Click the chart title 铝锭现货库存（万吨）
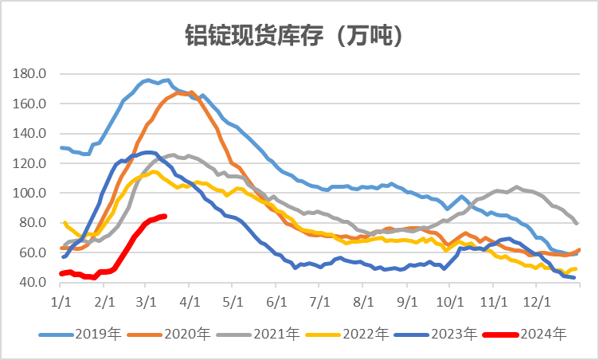[x=299, y=34]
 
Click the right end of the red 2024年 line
[x=164, y=216]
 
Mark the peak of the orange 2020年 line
[x=190, y=92]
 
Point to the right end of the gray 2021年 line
[x=576, y=223]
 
